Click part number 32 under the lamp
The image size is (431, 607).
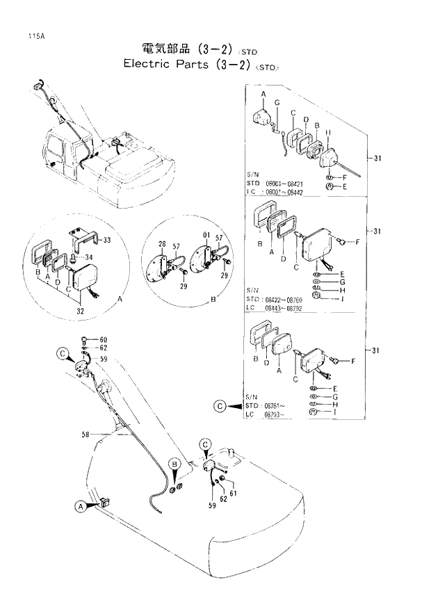[81, 310]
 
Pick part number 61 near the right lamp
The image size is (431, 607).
[233, 493]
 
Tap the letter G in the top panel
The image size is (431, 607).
[277, 103]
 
